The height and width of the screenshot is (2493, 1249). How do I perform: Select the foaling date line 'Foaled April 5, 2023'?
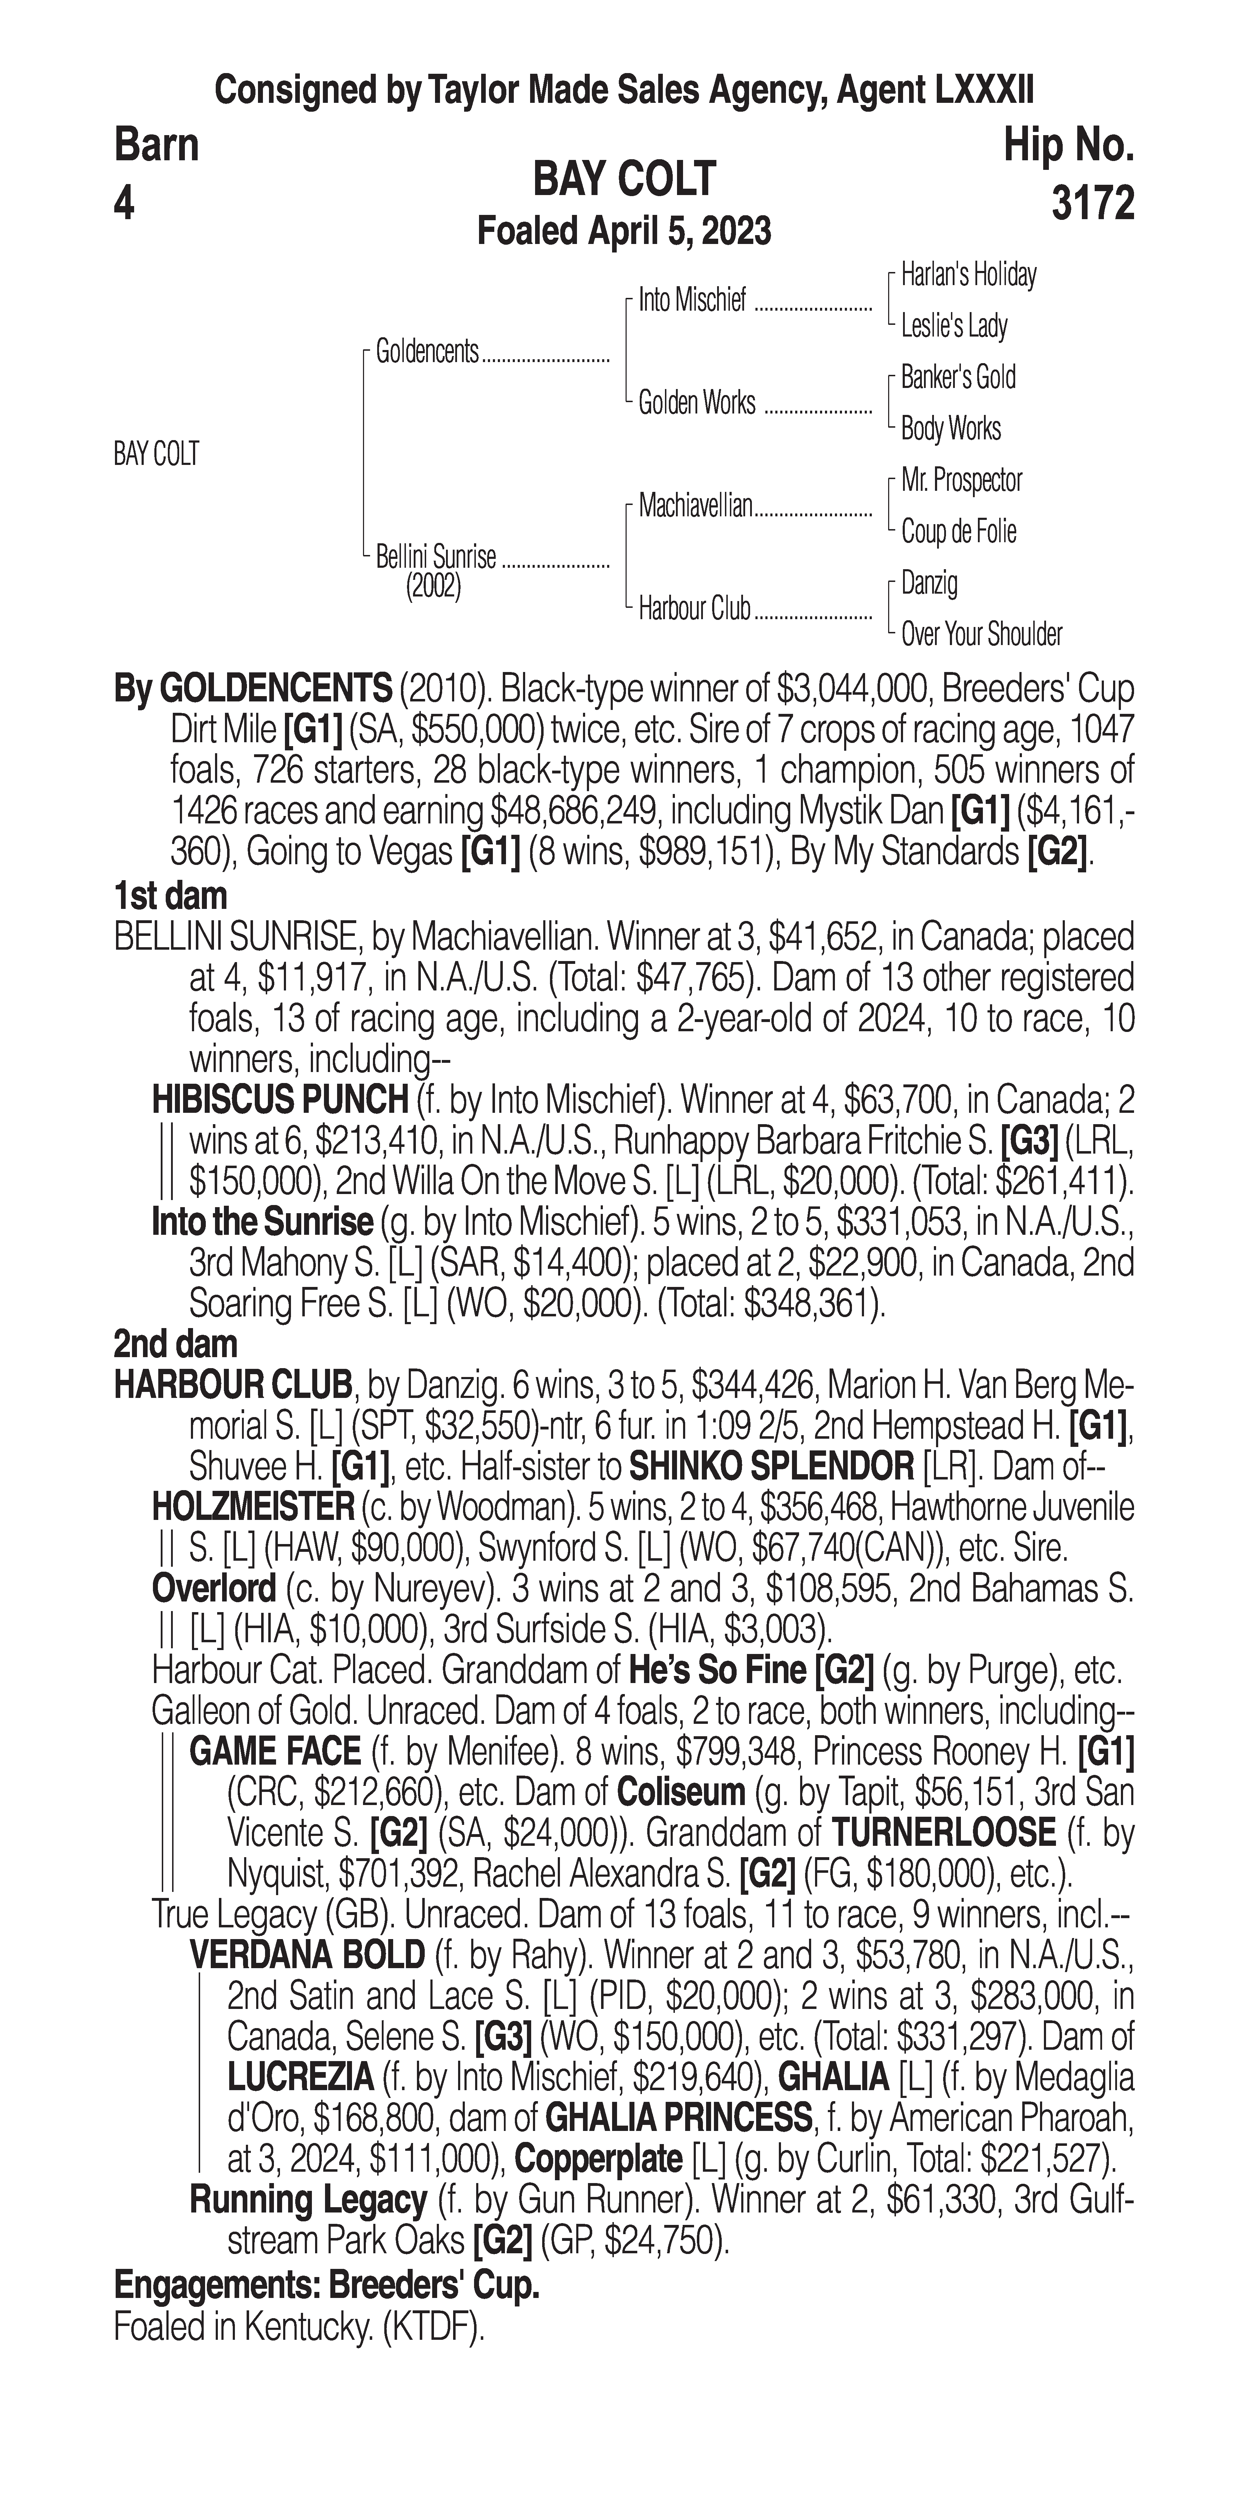coord(624,231)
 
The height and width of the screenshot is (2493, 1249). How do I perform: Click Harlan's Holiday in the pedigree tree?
coord(968,275)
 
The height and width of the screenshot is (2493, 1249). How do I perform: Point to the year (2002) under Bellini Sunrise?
coord(433,587)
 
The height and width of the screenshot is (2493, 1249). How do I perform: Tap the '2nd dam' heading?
coord(175,1343)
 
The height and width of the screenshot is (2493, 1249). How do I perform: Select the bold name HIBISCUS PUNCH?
coord(280,1099)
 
